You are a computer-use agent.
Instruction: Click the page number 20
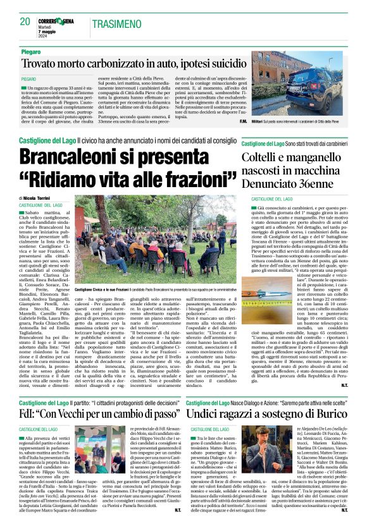[x=25, y=22]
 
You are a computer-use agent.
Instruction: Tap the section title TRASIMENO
[x=116, y=23]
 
